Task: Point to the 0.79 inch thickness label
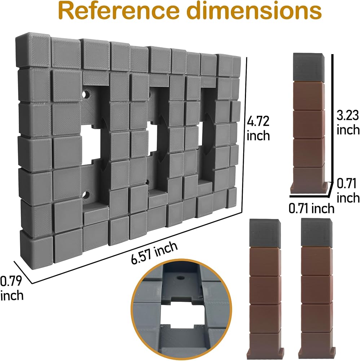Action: (x=12, y=288)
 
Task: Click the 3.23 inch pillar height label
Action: (x=348, y=122)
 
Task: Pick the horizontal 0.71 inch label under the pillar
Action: (x=311, y=208)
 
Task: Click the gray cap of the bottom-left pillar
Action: (x=265, y=233)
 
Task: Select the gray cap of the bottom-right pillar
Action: (x=316, y=232)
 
